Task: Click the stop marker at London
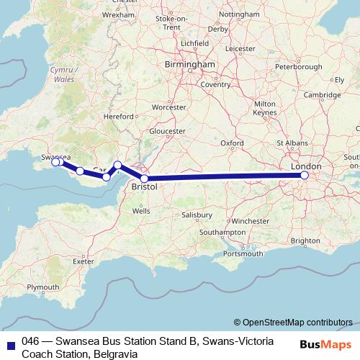(305, 175)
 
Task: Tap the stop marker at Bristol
(145, 179)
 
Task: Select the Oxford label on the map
(231, 143)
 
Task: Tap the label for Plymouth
(43, 287)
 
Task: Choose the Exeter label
(84, 261)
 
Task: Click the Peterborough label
(300, 66)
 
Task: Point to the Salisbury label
(197, 215)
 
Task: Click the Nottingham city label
(238, 14)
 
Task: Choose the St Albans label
(297, 143)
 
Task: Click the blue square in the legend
(9, 341)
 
